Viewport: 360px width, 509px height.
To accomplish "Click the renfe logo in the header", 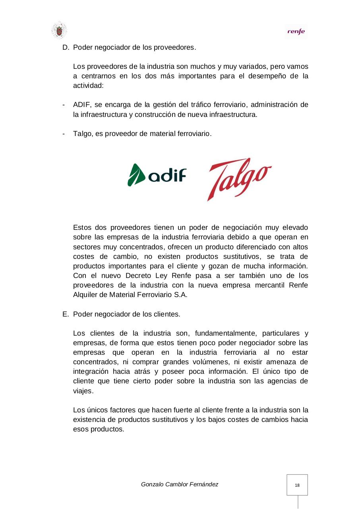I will tap(296, 32).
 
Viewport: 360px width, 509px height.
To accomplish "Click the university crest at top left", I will tap(59, 31).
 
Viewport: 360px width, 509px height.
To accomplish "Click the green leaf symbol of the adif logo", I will tap(136, 175).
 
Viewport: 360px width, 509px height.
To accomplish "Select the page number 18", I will tap(297, 486).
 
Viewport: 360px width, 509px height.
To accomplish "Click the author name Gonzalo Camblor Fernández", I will tap(180, 484).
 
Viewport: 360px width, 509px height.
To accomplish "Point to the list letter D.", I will tap(65, 48).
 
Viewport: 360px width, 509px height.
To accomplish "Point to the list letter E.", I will tap(65, 314).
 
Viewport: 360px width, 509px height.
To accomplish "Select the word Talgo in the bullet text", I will tap(82, 134).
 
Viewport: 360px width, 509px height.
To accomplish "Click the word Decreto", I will tap(138, 276).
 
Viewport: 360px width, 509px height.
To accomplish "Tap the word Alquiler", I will tap(86, 295).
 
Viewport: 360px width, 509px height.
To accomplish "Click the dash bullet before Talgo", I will tap(64, 134).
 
